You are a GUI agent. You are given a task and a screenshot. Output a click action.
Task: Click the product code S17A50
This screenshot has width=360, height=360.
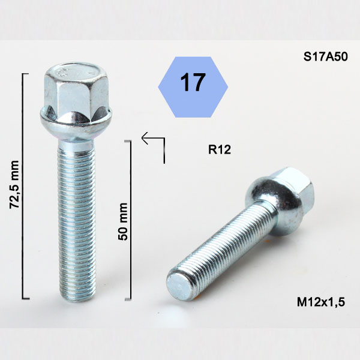click(325, 57)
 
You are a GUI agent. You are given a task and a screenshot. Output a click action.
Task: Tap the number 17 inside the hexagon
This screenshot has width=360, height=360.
click(193, 82)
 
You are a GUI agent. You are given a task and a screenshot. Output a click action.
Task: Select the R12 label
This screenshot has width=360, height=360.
click(219, 149)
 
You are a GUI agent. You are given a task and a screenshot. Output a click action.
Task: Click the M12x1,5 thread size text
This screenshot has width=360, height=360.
click(321, 302)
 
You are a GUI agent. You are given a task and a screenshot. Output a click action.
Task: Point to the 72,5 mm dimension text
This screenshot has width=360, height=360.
click(14, 185)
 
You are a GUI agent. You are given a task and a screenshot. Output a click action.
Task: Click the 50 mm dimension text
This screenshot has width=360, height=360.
click(122, 221)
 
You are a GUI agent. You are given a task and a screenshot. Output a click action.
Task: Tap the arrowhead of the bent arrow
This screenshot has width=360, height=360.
click(145, 138)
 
